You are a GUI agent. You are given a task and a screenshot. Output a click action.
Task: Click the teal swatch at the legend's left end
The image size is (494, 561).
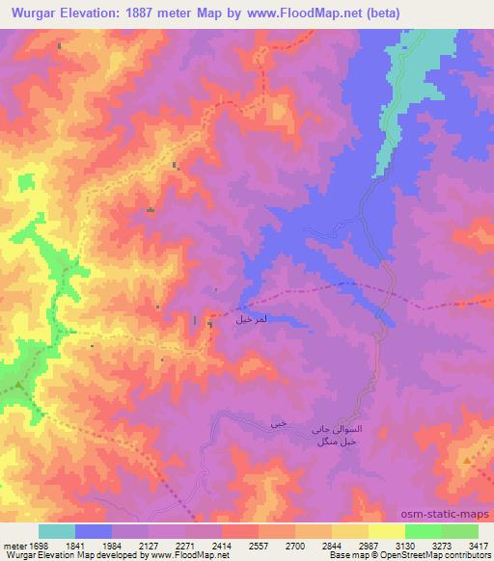57,531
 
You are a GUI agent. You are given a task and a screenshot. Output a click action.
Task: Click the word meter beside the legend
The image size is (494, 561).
11,545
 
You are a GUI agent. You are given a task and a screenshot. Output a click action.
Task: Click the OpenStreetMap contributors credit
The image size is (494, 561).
445,555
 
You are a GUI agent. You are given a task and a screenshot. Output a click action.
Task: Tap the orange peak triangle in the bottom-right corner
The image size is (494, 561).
467,461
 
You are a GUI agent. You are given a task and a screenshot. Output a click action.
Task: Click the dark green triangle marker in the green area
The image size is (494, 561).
17,387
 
